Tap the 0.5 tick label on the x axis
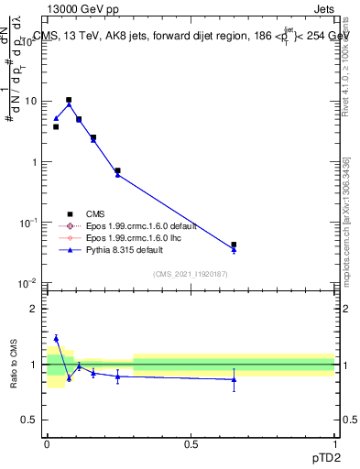(191, 444)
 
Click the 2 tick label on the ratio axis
(34, 309)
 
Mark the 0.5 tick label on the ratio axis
(30, 420)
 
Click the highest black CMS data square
(69, 100)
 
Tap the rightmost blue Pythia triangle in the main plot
(234, 250)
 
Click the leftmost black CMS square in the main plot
(56, 126)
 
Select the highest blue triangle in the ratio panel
(56, 338)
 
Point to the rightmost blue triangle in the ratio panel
(234, 379)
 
